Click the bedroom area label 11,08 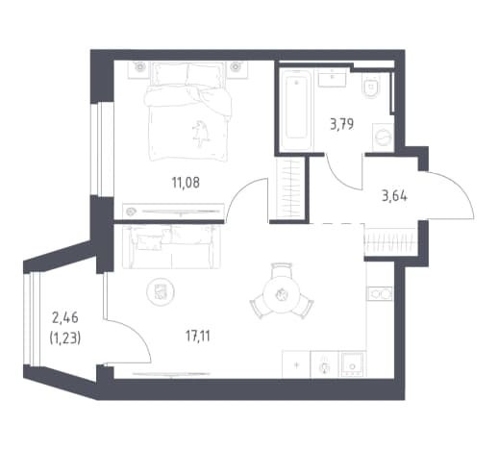186,183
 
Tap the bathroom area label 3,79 342,124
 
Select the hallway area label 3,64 394,195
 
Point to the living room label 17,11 198,337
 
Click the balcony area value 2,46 65,318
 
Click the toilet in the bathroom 372,86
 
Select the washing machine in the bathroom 384,137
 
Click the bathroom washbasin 332,77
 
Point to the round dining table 281,294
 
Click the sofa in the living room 171,246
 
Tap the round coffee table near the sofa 161,291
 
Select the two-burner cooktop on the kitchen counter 380,293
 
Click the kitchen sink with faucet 325,364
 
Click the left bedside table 139,69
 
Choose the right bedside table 237,69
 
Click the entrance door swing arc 461,187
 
